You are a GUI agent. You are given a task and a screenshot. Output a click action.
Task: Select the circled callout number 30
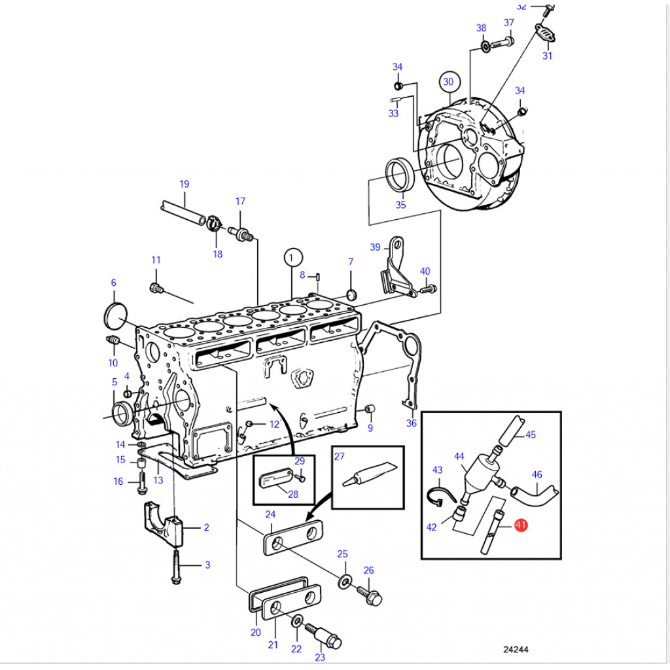tap(448, 82)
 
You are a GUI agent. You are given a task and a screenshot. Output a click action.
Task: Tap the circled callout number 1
tap(294, 258)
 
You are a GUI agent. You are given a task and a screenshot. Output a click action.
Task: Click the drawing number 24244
tap(516, 650)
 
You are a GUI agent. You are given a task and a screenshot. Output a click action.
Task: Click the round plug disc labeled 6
tap(115, 316)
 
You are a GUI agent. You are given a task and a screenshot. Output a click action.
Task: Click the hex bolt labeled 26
tap(370, 594)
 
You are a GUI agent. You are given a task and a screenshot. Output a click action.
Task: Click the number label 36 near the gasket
tap(411, 423)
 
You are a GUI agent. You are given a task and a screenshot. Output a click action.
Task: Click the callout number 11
tap(156, 260)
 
